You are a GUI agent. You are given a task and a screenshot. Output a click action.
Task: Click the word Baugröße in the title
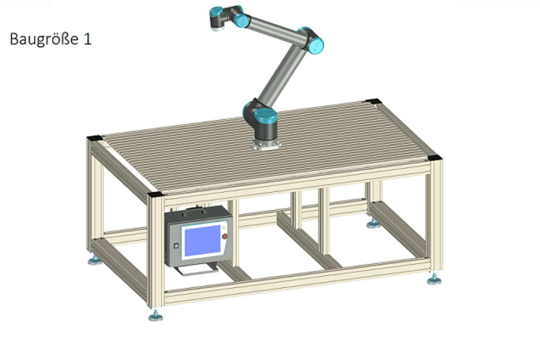point(44,39)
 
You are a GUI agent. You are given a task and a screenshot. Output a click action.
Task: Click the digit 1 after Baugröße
point(87,39)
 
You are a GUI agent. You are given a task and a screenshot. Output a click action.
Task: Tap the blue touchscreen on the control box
point(202,240)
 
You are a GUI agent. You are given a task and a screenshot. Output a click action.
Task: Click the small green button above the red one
point(224,228)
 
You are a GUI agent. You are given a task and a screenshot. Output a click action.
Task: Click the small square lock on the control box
point(176,246)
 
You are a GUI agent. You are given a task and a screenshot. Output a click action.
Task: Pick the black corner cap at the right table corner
point(434,158)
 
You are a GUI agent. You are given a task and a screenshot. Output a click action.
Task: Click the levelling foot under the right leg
point(434,280)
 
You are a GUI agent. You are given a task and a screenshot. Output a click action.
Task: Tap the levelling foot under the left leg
point(95,260)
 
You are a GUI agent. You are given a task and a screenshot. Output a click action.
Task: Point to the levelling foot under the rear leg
point(373,224)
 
